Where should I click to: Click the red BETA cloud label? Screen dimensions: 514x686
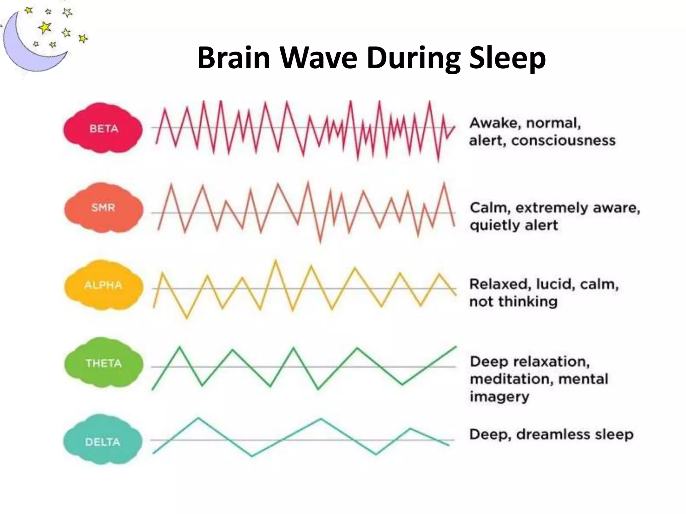tap(103, 128)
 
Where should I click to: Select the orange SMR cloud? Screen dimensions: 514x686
tap(103, 207)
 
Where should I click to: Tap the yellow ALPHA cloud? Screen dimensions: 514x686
tap(103, 285)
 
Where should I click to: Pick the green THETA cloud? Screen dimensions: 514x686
tap(103, 363)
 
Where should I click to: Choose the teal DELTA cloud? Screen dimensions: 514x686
tap(102, 442)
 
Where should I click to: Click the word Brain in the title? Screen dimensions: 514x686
tap(234, 58)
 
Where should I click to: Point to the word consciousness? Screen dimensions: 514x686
tap(563, 141)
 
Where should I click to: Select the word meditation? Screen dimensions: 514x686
tap(511, 379)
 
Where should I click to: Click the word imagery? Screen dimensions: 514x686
tap(499, 397)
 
